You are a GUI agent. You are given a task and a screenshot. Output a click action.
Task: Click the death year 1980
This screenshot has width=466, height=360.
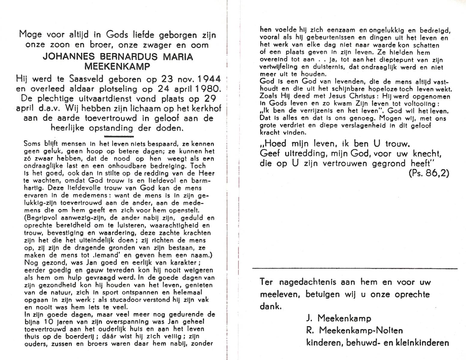[x=204, y=89]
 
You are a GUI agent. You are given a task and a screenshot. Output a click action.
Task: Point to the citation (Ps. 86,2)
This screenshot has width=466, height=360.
[x=429, y=173]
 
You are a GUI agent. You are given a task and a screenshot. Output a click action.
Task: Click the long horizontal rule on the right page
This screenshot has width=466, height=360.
[x=355, y=268]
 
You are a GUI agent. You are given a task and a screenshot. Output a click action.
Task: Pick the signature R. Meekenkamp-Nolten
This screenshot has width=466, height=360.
[x=354, y=331]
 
